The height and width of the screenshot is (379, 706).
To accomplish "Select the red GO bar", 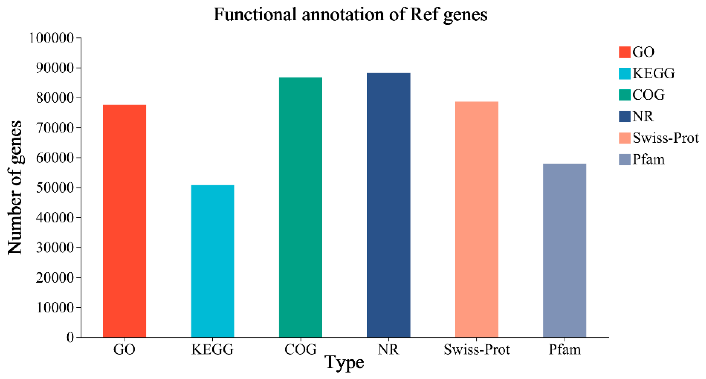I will [x=125, y=221].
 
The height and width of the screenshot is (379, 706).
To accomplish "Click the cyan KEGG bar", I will [x=212, y=261].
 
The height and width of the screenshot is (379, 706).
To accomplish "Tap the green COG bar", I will [x=301, y=207].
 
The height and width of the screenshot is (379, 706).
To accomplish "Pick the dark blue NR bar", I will [x=388, y=205].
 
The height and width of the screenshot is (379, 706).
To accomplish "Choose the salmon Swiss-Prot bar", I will [x=477, y=219].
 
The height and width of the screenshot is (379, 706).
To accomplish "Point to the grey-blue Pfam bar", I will [x=565, y=250].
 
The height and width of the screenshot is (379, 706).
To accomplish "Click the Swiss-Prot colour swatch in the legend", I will [x=624, y=138].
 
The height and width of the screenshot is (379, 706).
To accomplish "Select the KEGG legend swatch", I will [x=624, y=73].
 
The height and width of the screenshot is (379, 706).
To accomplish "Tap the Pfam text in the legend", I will [x=649, y=160].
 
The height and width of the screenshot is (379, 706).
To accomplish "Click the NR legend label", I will [x=643, y=117].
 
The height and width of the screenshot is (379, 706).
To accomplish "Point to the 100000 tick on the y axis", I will [x=51, y=38].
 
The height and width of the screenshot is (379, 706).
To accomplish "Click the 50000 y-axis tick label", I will [x=55, y=188].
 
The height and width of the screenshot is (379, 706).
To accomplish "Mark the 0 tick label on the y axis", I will [x=70, y=337].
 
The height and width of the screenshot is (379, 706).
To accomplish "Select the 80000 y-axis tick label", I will [x=55, y=98].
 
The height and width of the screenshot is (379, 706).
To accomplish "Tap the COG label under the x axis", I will [x=300, y=350].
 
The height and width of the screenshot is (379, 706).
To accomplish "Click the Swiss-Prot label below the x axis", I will [x=477, y=350].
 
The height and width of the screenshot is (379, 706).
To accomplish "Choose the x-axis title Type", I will [x=344, y=363].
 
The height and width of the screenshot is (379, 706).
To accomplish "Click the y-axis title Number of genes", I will [x=15, y=188].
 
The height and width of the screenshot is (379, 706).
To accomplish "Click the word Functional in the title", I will [x=255, y=14].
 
